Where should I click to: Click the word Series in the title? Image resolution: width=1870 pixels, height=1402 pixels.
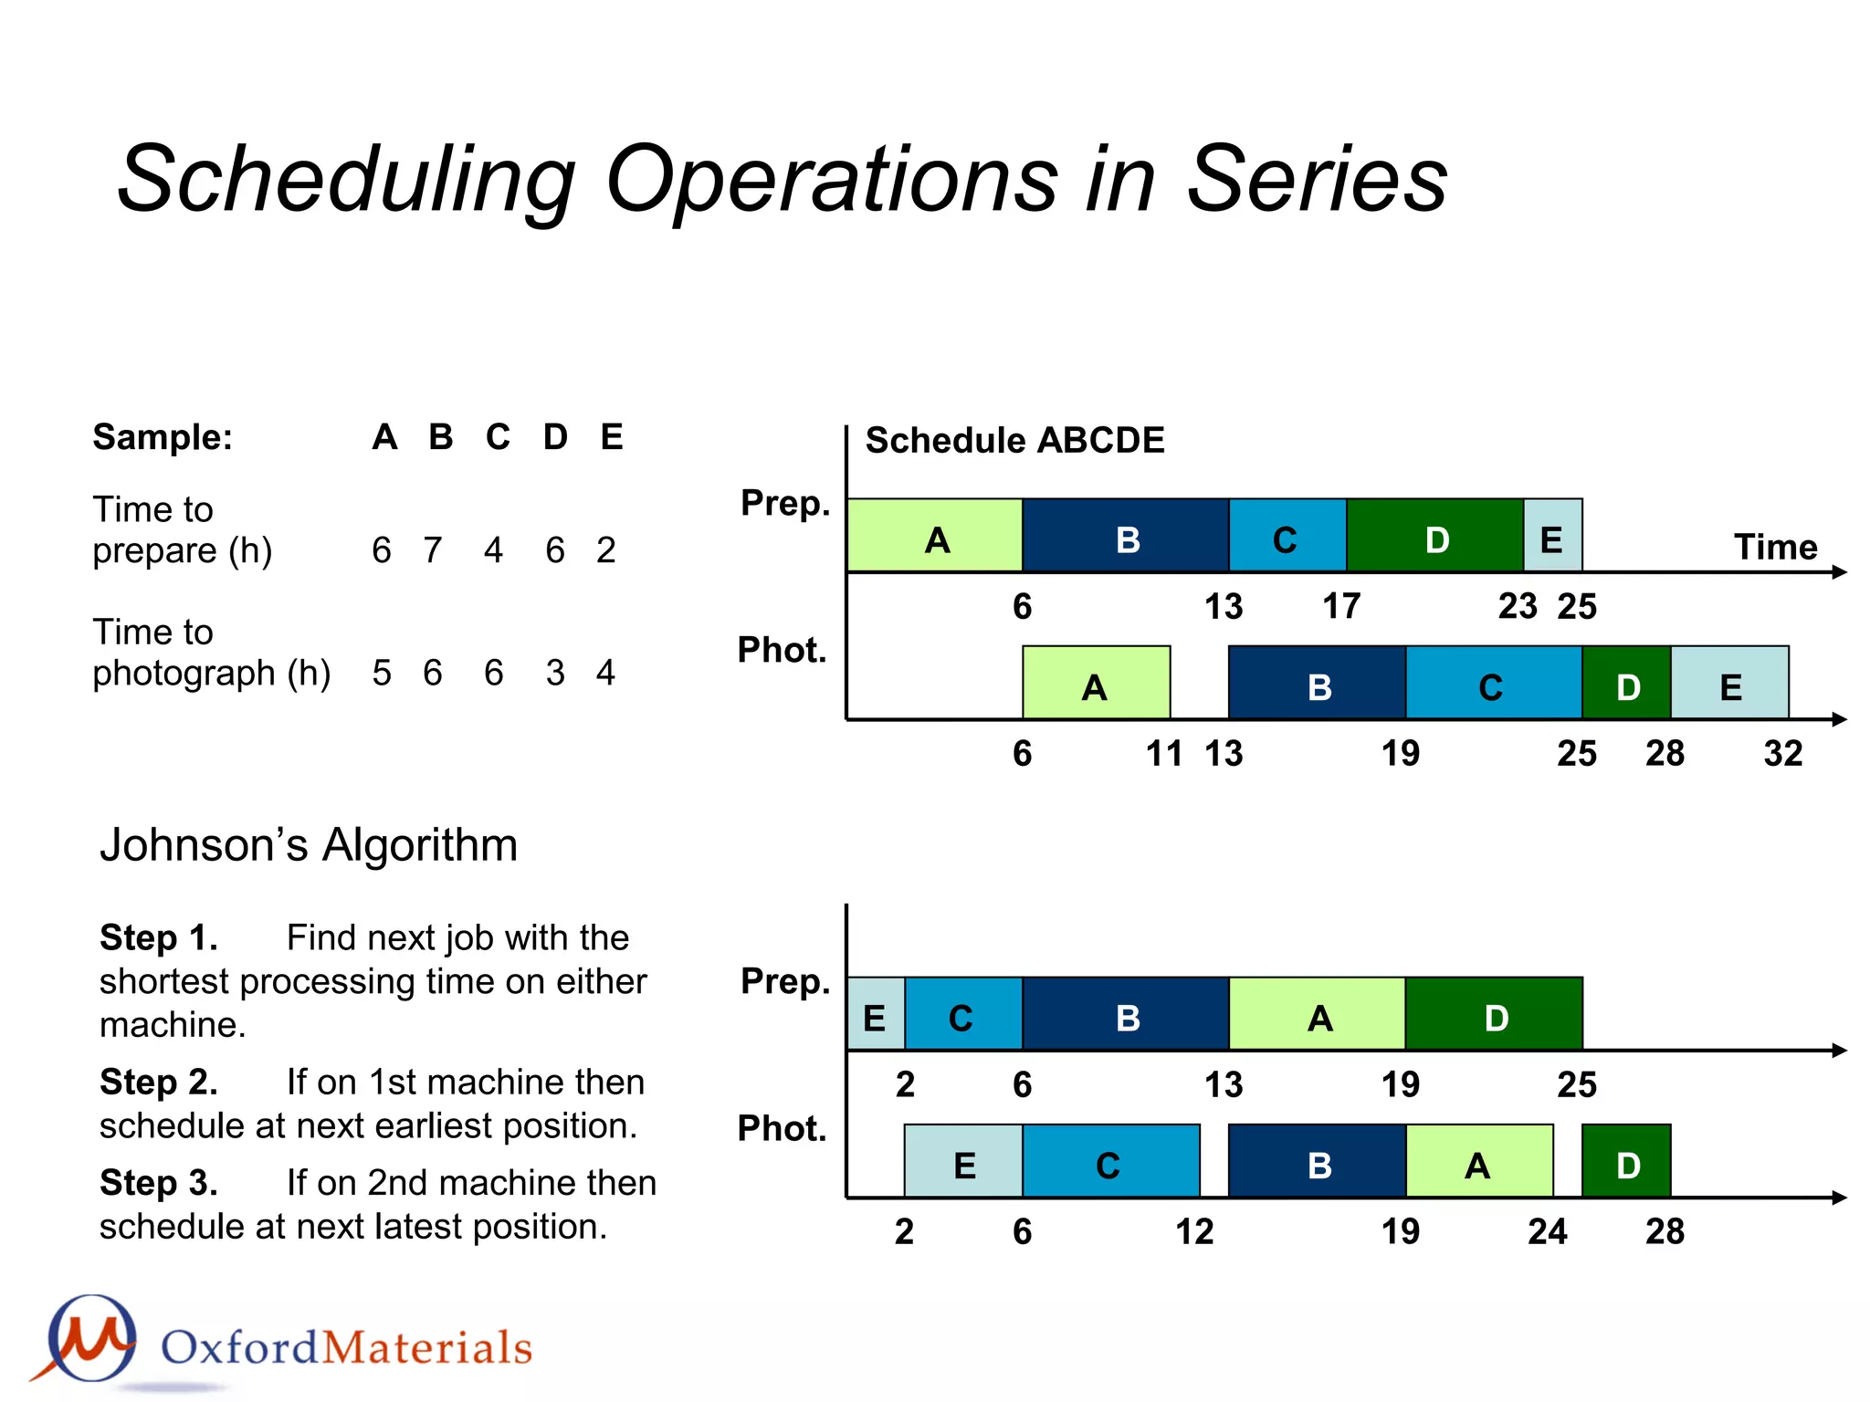click(x=1316, y=179)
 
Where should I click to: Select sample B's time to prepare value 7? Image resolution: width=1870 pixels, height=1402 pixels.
click(x=433, y=550)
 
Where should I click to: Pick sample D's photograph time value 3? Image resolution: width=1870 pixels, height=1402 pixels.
click(x=555, y=673)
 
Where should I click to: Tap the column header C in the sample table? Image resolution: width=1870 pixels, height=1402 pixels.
click(x=498, y=437)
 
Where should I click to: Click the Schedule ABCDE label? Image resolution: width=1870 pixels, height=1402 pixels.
click(x=1014, y=441)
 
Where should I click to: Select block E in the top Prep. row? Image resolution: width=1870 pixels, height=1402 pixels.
click(x=1552, y=537)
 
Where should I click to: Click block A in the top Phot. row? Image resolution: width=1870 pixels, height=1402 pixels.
click(x=1096, y=684)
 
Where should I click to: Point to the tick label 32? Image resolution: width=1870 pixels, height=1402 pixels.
click(x=1782, y=754)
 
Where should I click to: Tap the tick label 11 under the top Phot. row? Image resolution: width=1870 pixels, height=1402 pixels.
click(x=1164, y=754)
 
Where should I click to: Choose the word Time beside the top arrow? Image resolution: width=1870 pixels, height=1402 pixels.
click(x=1775, y=548)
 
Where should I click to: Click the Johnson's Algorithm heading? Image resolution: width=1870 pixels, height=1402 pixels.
click(x=309, y=845)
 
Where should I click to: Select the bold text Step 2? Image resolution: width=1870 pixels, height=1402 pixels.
click(x=159, y=1083)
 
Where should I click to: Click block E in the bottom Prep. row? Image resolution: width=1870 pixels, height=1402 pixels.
click(x=875, y=1015)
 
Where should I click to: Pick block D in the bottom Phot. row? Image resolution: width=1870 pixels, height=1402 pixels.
click(x=1626, y=1162)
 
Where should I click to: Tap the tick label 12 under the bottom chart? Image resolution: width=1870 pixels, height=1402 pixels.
click(x=1194, y=1232)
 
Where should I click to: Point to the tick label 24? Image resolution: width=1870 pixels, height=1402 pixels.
click(x=1547, y=1232)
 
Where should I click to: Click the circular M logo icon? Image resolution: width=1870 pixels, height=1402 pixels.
click(x=91, y=1338)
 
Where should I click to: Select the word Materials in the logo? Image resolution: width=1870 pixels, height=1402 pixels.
click(x=427, y=1348)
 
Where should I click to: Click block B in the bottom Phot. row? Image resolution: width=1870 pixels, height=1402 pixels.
click(x=1318, y=1162)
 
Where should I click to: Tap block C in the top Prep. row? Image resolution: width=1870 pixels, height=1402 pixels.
click(x=1287, y=537)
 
